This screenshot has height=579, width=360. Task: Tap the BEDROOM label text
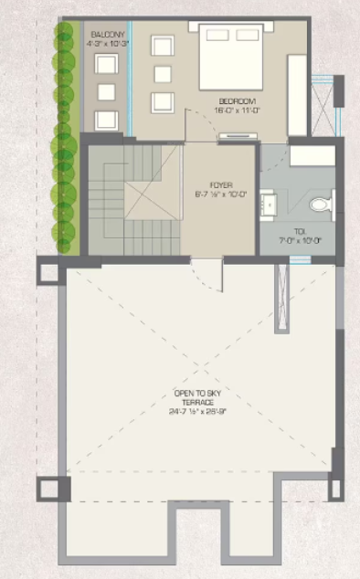click(x=235, y=100)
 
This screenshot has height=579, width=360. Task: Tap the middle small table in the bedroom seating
click(x=162, y=74)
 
